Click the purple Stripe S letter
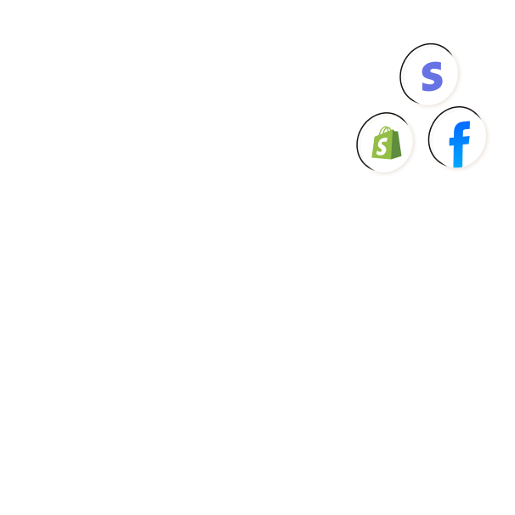tap(433, 76)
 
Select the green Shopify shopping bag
tap(387, 143)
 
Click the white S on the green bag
tap(382, 146)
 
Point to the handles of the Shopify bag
tap(386, 130)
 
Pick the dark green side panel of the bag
tap(396, 144)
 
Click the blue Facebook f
tap(460, 144)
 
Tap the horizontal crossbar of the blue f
tap(460, 141)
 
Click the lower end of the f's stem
tap(458, 166)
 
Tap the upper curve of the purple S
tap(433, 66)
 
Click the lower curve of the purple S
tap(433, 86)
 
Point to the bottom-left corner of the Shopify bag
tap(371, 157)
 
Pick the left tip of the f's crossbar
tap(450, 142)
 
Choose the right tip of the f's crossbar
tap(469, 140)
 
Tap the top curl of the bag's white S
tap(384, 140)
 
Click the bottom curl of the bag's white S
tap(381, 152)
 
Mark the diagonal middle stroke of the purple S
tap(433, 76)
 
